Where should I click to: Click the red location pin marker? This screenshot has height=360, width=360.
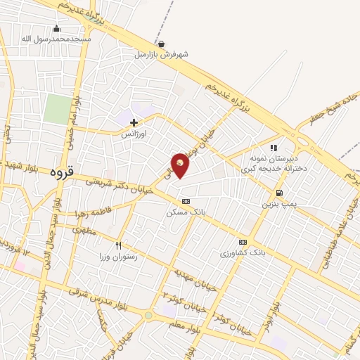[180, 165]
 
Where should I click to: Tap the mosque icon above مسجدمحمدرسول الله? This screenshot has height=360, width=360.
[56, 28]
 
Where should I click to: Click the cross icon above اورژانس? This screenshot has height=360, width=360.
[134, 122]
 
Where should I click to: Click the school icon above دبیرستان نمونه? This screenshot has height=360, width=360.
[274, 148]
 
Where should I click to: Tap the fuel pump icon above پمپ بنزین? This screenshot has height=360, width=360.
[280, 193]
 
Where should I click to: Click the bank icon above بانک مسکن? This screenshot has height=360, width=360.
[185, 201]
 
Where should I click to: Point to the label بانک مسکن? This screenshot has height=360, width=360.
[184, 212]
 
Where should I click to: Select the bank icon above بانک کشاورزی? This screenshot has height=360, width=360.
[243, 241]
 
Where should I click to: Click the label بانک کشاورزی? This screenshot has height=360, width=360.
[242, 252]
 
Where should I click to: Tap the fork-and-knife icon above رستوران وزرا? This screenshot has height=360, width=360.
[118, 245]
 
